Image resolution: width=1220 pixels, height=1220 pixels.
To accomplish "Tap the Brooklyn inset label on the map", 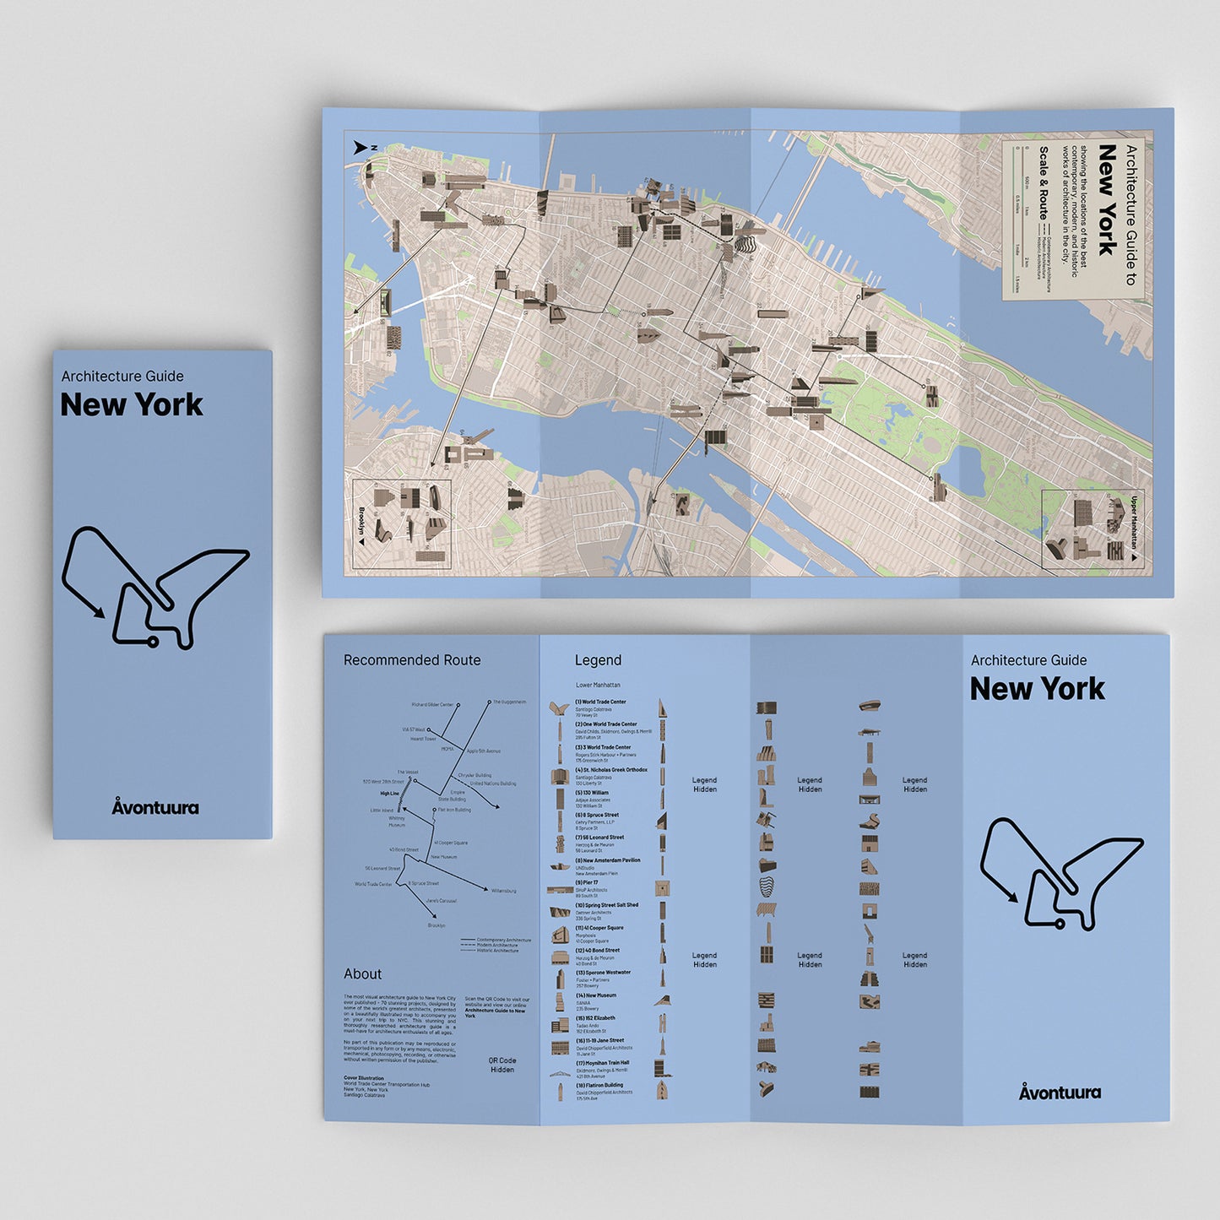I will (361, 523).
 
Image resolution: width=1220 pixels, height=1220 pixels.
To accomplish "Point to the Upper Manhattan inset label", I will (1135, 523).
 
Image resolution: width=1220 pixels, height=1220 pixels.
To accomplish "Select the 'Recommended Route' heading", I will (412, 660).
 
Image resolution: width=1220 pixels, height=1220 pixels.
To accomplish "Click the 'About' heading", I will (362, 973).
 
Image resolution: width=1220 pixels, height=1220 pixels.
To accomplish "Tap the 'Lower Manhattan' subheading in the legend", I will (598, 685).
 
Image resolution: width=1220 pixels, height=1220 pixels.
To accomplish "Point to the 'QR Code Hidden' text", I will (502, 1065).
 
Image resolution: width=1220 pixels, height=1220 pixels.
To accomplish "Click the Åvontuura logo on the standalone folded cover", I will (155, 807).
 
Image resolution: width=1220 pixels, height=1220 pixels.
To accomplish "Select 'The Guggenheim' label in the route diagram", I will (509, 702).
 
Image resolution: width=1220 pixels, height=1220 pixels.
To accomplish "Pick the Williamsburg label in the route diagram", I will (503, 891).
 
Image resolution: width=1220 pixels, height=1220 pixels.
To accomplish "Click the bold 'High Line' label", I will (389, 794).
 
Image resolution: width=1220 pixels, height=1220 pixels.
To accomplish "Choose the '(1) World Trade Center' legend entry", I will (600, 702).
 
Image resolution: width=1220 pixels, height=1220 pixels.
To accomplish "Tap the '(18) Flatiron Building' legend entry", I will (599, 1085).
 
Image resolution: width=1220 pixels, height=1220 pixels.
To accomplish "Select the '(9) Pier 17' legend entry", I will (587, 882).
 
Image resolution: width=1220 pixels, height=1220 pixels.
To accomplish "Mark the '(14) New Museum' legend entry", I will (596, 995).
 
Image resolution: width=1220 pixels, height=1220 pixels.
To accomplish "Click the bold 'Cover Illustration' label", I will (363, 1078).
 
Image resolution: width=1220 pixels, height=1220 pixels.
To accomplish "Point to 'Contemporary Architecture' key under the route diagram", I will (503, 940).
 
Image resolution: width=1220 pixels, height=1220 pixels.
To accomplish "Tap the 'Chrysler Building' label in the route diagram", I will (474, 775).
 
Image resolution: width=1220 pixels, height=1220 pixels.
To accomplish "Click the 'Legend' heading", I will (598, 660).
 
